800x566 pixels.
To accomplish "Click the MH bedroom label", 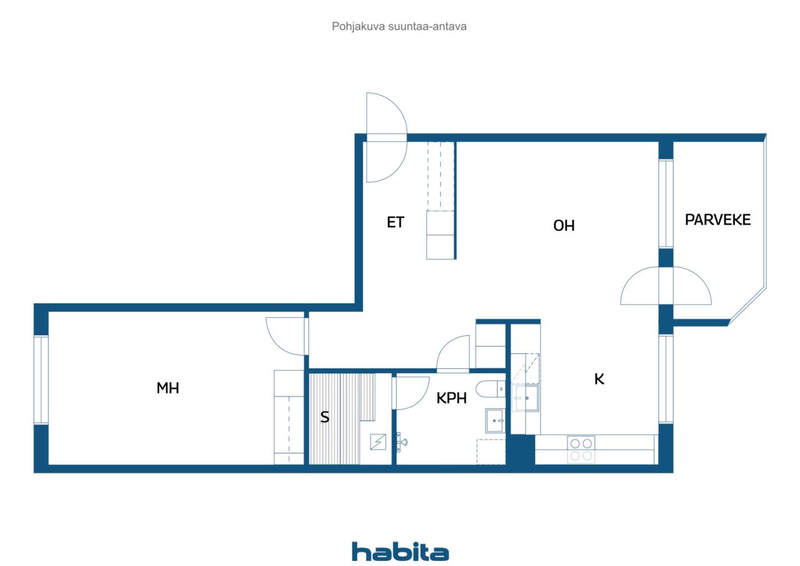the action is pos(167,388).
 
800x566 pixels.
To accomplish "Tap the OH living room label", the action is pos(564,226).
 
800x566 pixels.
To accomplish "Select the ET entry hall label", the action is pos(396,222).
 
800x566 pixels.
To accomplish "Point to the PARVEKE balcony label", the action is pos(717,220).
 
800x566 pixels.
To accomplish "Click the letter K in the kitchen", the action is pos(599,379).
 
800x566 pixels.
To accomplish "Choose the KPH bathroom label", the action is pos(451,398).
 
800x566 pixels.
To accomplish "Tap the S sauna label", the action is pos(324,417).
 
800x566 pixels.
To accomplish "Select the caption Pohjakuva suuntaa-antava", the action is pos(399,26).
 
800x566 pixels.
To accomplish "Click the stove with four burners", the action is pos(581,450).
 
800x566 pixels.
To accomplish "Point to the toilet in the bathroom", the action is pos(491,389).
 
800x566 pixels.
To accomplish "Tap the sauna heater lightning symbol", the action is pos(378,442).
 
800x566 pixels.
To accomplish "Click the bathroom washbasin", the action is pos(495,420).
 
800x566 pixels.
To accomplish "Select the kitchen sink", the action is pos(525,398).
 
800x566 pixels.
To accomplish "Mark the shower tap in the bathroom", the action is pos(402,442).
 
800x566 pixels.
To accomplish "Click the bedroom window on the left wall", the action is pos(41,380).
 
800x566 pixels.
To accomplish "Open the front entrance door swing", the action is pos(387,138).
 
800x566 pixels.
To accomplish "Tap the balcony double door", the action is pos(666,285).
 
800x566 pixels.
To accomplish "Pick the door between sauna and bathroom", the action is pos(411,393).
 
